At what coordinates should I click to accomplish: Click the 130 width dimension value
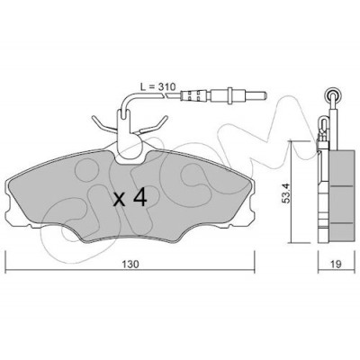tap(130, 265)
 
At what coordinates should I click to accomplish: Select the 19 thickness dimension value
tap(337, 265)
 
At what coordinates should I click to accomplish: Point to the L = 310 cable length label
tap(157, 87)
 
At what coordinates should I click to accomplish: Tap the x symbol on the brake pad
tap(120, 200)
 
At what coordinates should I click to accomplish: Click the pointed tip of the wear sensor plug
tap(265, 95)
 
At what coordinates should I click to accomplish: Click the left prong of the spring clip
tap(101, 123)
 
